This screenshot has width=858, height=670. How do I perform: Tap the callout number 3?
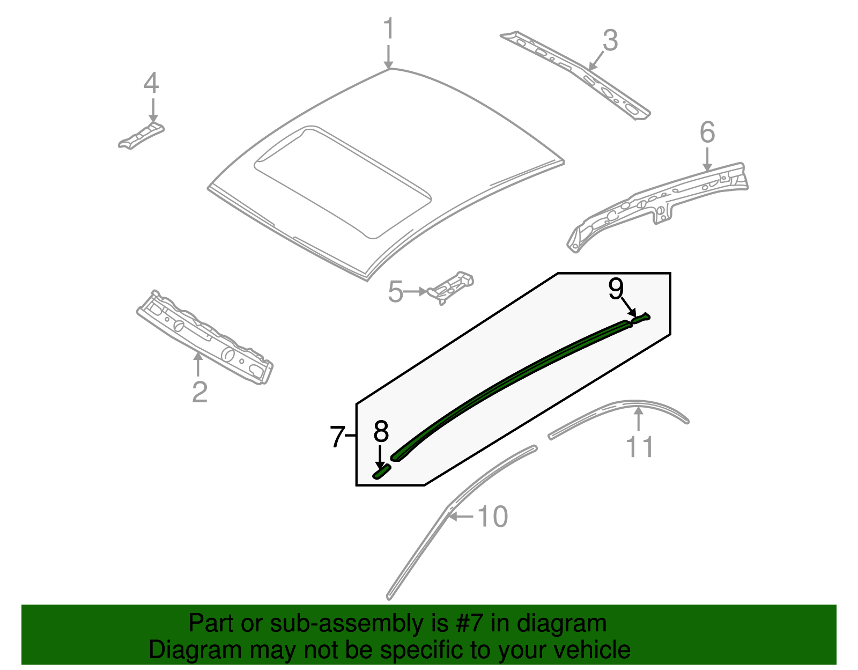coord(610,41)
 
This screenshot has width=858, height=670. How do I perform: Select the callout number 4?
coord(151,84)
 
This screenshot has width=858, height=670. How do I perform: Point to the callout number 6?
coord(707,132)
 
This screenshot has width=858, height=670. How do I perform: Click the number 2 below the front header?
coord(199,392)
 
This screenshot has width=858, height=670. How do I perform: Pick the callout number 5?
coord(395,292)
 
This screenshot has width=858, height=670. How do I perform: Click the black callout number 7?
coord(337,437)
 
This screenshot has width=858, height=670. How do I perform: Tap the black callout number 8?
coord(381,431)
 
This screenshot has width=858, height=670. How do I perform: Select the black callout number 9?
coord(616,289)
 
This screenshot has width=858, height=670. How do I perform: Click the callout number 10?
coord(492,517)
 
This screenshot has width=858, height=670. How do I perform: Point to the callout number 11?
coord(640,446)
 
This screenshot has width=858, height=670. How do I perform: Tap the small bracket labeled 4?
coord(140,136)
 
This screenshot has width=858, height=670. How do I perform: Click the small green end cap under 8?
coord(382,472)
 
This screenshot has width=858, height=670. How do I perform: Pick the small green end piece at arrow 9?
coord(641,318)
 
